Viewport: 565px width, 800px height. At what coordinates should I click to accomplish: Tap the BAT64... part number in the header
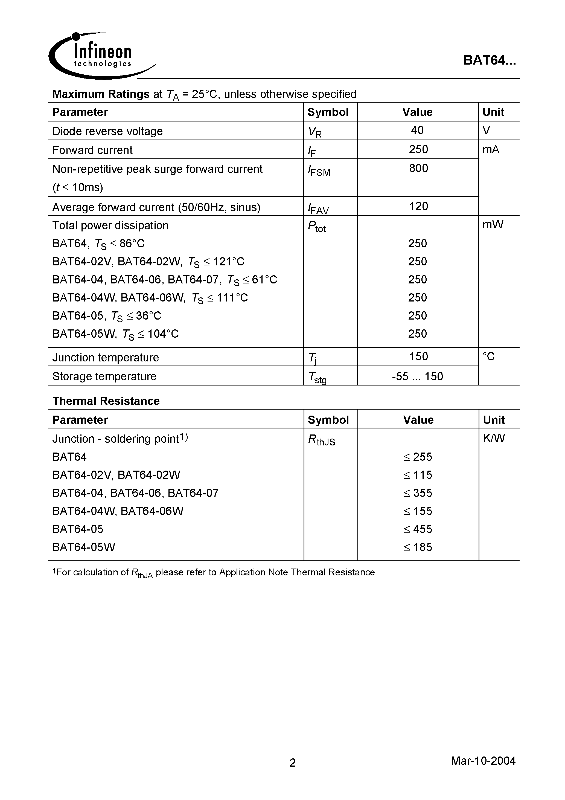click(x=490, y=61)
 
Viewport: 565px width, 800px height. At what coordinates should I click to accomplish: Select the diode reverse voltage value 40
click(x=417, y=130)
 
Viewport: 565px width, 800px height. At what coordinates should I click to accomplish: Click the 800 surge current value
click(x=418, y=168)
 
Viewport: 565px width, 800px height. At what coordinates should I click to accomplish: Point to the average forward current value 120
click(x=418, y=206)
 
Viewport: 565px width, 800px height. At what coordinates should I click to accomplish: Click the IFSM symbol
click(x=319, y=171)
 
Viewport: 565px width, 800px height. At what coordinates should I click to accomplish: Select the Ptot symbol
click(x=317, y=227)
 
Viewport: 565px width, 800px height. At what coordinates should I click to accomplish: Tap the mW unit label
click(x=493, y=225)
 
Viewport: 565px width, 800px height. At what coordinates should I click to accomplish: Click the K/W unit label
click(x=494, y=438)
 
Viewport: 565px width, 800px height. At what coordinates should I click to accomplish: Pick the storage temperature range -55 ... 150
click(x=417, y=376)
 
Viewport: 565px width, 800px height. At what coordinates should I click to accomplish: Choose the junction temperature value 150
click(x=418, y=356)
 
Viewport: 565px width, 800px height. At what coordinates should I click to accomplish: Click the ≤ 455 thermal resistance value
click(x=418, y=529)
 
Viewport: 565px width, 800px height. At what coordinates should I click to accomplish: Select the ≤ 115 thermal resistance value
click(x=418, y=475)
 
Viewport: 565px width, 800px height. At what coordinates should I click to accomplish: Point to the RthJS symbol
click(x=321, y=440)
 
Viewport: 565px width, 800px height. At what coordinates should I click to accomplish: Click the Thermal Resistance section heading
click(x=106, y=401)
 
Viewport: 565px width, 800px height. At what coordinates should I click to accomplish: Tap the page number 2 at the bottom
click(x=293, y=763)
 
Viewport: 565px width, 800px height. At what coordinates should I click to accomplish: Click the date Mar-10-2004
click(x=483, y=761)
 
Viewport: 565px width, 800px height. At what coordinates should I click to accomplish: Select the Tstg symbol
click(x=317, y=378)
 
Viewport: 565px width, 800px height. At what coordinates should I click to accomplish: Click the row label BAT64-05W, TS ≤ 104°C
click(x=115, y=334)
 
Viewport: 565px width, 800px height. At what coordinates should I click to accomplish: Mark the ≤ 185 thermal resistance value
click(x=418, y=547)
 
